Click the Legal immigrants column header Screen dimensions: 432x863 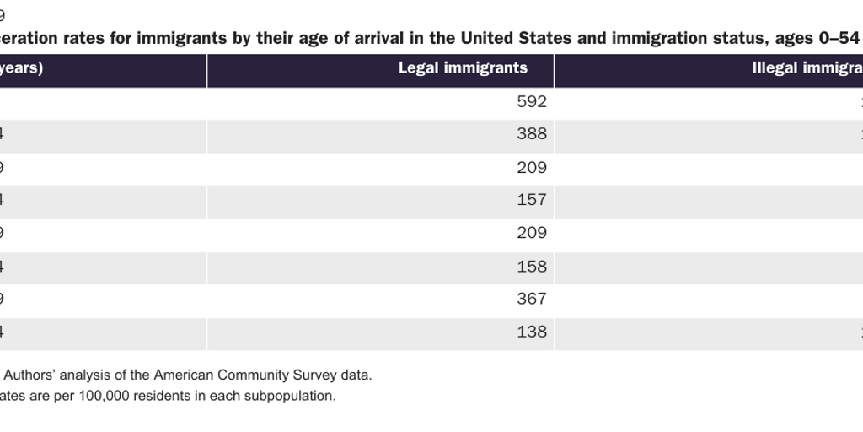[x=463, y=68]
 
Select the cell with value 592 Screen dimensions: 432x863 [x=532, y=102]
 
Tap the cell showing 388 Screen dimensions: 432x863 [x=532, y=134]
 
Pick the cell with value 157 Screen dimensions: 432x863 [x=532, y=200]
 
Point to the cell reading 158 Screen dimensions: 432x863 [x=532, y=267]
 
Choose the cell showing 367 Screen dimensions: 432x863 [x=532, y=299]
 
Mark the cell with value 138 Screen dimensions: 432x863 [x=532, y=332]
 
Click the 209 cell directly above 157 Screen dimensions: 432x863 [x=532, y=167]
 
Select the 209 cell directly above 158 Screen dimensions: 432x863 [x=532, y=233]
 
